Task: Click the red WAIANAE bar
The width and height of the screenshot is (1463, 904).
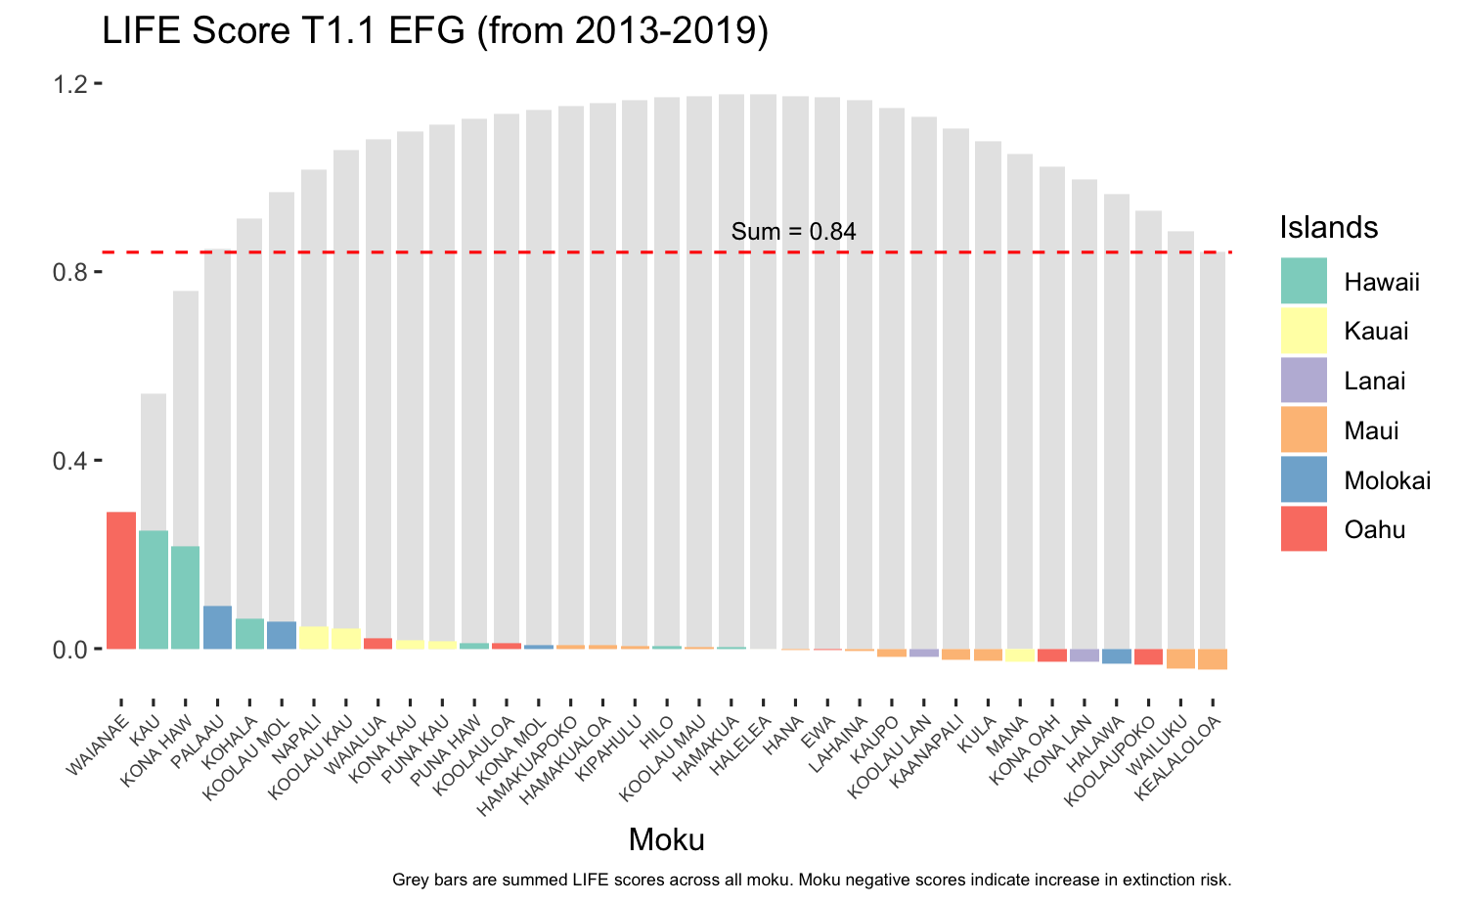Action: [x=121, y=580]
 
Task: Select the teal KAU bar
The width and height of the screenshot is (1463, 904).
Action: [x=154, y=589]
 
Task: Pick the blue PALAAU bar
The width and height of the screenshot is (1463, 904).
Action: [x=217, y=627]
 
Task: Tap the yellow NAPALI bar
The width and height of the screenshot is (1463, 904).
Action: [x=314, y=638]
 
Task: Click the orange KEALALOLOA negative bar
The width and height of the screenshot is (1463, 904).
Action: [x=1213, y=659]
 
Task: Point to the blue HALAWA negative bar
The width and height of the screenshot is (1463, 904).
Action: [x=1117, y=656]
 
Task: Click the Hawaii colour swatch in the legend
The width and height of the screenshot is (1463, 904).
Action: [x=1304, y=281]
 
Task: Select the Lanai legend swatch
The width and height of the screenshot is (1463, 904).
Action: [x=1304, y=380]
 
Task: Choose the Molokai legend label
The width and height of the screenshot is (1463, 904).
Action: [x=1388, y=480]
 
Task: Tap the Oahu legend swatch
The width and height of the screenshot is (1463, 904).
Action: [x=1304, y=528]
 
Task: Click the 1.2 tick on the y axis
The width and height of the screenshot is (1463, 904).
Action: [x=98, y=83]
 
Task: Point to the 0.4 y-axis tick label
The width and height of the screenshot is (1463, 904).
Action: [x=69, y=461]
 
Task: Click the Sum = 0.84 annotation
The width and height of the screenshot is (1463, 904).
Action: [x=793, y=231]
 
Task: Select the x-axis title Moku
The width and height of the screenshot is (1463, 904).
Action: [x=667, y=840]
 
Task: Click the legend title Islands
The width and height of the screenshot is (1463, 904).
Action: [x=1328, y=227]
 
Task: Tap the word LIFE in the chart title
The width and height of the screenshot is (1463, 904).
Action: [x=141, y=30]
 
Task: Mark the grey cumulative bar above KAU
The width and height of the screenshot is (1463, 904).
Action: [x=154, y=462]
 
